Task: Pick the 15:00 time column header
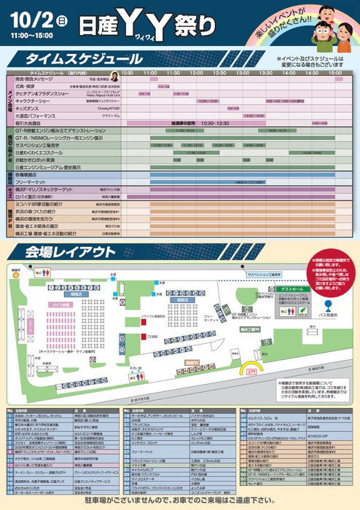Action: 334,74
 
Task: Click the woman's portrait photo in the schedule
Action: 114,76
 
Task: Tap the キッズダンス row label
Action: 33,108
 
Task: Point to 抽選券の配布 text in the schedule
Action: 184,122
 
